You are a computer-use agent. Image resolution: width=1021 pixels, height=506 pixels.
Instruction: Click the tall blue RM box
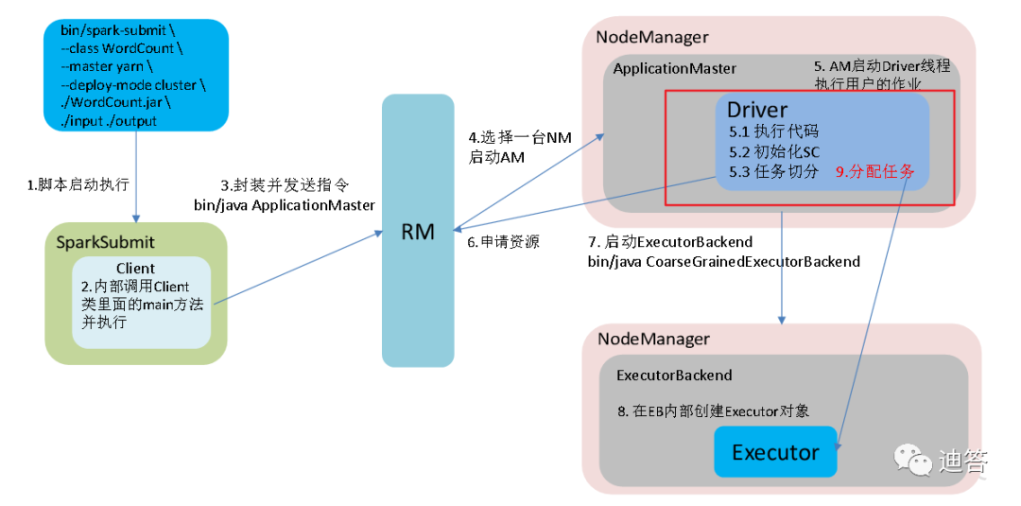(x=418, y=231)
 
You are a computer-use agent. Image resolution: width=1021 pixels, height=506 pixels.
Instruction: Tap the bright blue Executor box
(x=775, y=451)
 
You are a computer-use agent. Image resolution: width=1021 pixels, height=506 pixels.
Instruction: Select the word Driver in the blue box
(x=757, y=109)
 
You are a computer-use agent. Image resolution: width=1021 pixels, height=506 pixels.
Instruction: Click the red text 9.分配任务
(x=875, y=172)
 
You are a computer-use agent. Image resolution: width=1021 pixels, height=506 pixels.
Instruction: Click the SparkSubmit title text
(x=106, y=243)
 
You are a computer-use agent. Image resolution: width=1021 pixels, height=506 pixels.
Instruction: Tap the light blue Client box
(x=141, y=302)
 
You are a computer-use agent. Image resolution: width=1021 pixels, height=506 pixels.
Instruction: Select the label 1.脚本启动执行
(x=78, y=185)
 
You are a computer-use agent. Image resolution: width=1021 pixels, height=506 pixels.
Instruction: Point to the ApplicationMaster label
(x=675, y=68)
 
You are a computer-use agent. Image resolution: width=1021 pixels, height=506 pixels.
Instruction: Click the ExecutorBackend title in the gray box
(x=674, y=375)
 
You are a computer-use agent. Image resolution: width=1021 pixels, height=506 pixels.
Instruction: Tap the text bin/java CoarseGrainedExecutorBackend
(x=723, y=262)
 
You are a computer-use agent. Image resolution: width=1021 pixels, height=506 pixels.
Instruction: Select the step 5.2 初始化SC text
(x=773, y=151)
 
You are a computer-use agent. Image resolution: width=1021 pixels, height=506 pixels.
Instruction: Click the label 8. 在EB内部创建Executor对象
(x=713, y=411)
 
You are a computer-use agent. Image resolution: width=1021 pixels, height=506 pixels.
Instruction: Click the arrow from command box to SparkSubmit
(x=136, y=176)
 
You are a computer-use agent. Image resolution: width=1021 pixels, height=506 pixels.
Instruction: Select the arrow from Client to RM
(x=298, y=267)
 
